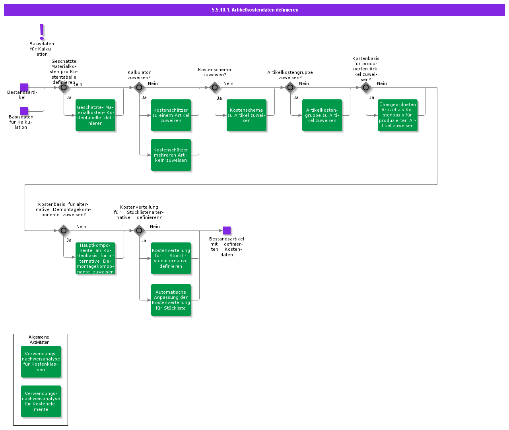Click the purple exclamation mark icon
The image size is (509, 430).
click(x=42, y=31)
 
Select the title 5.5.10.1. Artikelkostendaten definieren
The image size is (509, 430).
click(x=255, y=10)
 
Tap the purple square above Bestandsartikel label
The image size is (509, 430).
click(x=24, y=87)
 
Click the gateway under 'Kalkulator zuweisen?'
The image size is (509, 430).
click(x=139, y=87)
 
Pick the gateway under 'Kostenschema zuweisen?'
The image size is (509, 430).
click(x=215, y=87)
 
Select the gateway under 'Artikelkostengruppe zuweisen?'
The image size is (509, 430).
click(x=290, y=87)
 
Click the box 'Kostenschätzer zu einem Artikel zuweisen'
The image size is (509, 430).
click(x=171, y=115)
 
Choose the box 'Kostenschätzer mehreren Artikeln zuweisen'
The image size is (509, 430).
click(x=171, y=155)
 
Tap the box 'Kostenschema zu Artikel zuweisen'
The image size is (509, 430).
click(x=247, y=115)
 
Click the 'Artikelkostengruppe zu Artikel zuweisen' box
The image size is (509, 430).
click(x=322, y=115)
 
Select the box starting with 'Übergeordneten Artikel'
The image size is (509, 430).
click(x=398, y=115)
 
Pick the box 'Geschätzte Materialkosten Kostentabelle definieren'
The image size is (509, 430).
click(x=95, y=115)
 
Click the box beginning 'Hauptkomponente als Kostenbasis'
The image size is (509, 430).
click(x=95, y=258)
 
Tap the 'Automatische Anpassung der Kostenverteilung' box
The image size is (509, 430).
click(x=171, y=300)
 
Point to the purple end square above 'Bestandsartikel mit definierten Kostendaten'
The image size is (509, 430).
click(x=227, y=230)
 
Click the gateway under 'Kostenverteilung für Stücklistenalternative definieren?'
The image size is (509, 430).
click(x=139, y=230)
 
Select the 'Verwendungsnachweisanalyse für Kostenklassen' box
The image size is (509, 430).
click(x=41, y=362)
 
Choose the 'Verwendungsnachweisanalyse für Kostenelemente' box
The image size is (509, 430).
click(x=41, y=401)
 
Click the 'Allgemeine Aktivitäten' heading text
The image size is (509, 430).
click(x=39, y=340)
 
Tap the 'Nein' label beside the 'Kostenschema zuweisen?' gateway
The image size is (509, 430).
click(x=228, y=83)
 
